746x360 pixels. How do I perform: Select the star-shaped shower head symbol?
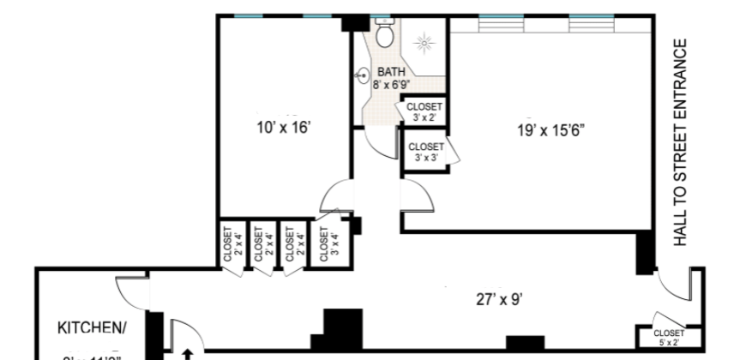pos(422,41)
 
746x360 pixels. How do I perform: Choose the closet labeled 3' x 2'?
pos(424,112)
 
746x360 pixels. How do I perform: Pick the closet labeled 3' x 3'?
pos(424,152)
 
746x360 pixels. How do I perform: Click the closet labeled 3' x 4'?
pos(324,243)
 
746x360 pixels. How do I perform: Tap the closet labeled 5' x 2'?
pos(668,337)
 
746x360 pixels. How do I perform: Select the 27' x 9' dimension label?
pos(499,299)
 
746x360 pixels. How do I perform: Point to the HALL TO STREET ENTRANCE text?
pos(682,142)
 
